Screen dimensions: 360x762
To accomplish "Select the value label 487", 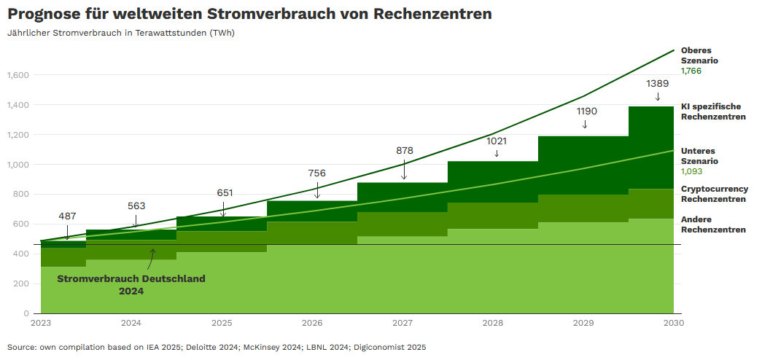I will [67, 216].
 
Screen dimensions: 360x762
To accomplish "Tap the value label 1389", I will [658, 83].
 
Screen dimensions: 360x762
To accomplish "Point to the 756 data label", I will [316, 173].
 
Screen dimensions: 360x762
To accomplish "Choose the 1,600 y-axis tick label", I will [18, 75].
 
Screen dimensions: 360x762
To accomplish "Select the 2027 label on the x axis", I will [403, 322].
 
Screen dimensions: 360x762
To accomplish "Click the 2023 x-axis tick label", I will [41, 322].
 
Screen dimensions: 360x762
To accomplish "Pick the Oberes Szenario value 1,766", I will [691, 71].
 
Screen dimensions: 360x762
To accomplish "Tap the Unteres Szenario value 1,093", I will [691, 171].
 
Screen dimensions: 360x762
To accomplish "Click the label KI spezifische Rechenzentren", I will [712, 111].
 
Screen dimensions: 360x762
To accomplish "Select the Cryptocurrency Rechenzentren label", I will [714, 194].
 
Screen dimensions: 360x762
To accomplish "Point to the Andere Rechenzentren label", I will [712, 224].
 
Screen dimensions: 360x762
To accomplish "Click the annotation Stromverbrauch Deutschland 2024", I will [131, 284].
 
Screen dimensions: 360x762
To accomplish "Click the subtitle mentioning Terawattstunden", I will [121, 33].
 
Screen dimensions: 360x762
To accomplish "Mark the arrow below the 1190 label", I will [585, 125].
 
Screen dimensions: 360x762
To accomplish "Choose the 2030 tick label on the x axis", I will [673, 322].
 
